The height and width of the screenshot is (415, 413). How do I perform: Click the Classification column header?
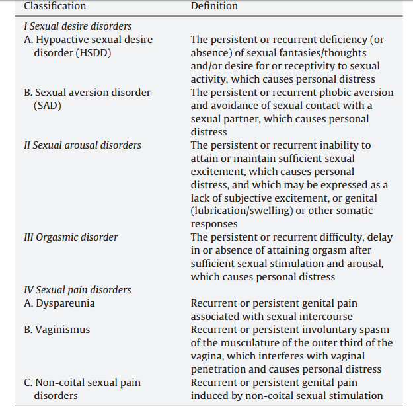click(55, 6)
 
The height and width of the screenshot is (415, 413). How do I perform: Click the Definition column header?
click(214, 6)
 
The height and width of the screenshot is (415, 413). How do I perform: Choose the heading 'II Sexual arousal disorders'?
click(83, 145)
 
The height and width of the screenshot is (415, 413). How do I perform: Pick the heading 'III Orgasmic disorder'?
click(71, 237)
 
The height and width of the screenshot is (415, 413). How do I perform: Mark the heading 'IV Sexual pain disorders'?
click(77, 290)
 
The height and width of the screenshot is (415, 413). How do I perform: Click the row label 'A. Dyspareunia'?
click(59, 303)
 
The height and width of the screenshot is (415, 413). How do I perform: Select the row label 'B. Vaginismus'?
click(57, 330)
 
